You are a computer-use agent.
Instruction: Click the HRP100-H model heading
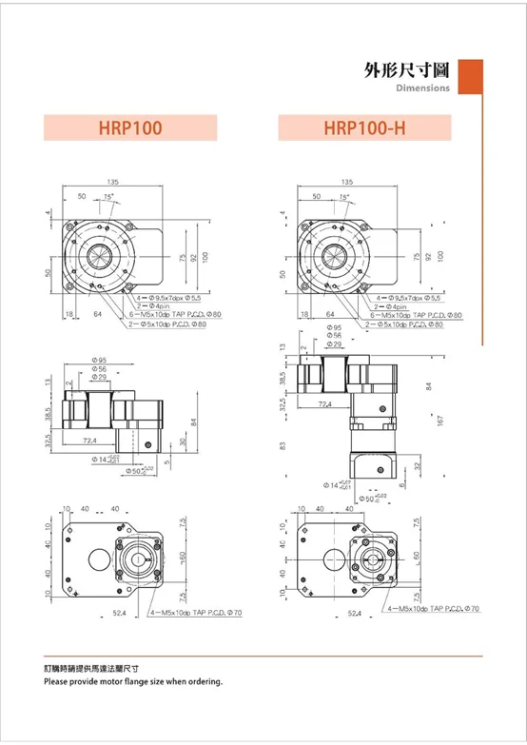point(365,127)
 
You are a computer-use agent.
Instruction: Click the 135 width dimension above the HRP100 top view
point(112,180)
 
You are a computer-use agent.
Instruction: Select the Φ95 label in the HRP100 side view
point(99,360)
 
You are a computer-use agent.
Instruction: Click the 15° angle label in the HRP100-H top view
point(344,197)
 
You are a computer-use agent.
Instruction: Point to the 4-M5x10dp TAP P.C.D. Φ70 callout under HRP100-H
point(434,607)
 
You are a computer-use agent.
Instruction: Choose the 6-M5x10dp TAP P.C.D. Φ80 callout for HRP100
point(175,313)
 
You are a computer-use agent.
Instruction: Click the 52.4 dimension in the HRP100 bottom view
point(120,613)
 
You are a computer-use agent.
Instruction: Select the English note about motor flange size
point(133,682)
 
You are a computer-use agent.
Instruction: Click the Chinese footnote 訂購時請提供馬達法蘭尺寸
point(98,670)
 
